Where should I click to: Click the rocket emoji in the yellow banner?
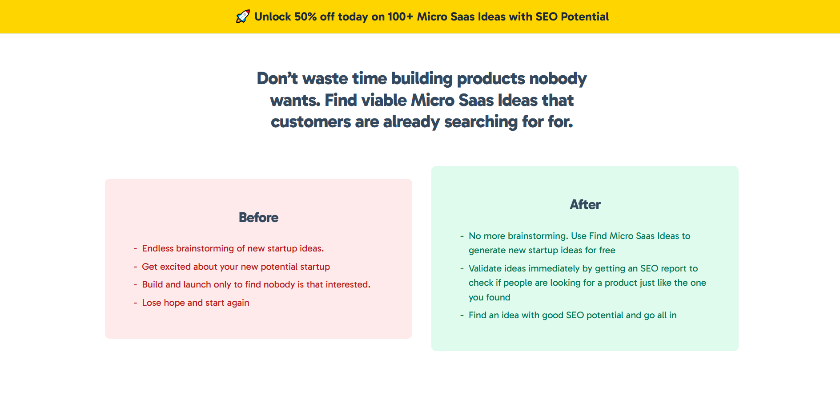[243, 16]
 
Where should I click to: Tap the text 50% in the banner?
[305, 17]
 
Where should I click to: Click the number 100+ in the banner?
[400, 17]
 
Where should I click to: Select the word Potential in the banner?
[584, 17]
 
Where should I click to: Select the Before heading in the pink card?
[258, 218]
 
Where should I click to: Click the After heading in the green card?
[585, 205]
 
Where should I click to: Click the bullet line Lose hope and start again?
[195, 303]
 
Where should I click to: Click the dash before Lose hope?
[135, 303]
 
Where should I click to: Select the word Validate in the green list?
[485, 268]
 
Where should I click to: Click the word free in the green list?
[607, 250]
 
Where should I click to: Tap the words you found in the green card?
[489, 297]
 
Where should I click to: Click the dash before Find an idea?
[462, 315]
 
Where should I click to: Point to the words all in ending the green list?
[667, 315]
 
